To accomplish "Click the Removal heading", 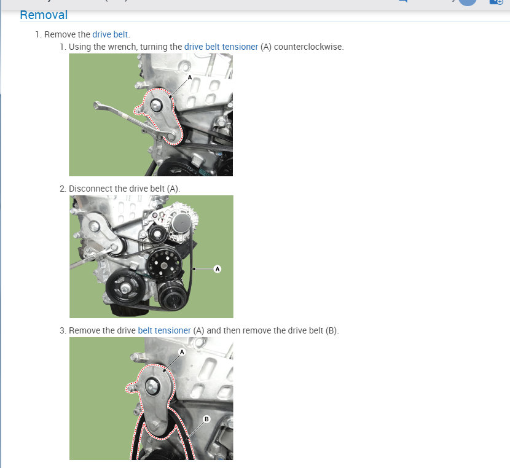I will click(x=44, y=15).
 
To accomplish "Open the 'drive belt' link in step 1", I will click(x=111, y=34).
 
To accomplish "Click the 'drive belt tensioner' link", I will click(x=221, y=47).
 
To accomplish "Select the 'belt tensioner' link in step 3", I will click(x=164, y=330).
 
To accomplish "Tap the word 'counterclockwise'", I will click(x=308, y=47).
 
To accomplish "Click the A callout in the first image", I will click(x=190, y=78).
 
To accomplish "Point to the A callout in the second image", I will click(x=217, y=268).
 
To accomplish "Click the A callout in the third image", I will click(x=182, y=352).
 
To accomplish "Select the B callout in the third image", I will click(x=206, y=419).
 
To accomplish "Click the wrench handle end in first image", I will click(x=97, y=106).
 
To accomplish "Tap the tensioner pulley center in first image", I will click(x=154, y=106).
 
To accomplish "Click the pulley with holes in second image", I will click(x=162, y=263).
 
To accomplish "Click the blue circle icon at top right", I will click(x=468, y=2).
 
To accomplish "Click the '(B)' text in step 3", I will click(x=332, y=330).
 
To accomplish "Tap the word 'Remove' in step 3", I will click(x=85, y=330).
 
